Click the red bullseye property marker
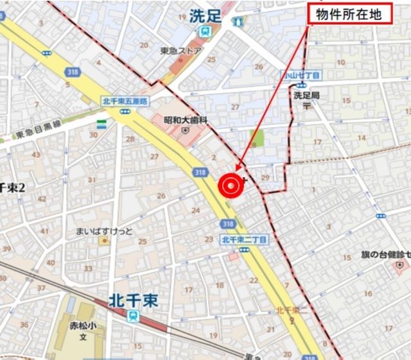(x=231, y=185)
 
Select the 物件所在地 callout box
(x=350, y=15)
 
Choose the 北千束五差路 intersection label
(x=125, y=101)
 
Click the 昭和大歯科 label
(x=186, y=119)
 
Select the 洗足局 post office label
(x=306, y=95)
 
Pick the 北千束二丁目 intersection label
(x=244, y=239)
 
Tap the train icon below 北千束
(x=133, y=315)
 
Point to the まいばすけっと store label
(x=104, y=231)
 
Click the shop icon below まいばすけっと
(x=103, y=241)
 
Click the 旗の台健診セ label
(x=385, y=255)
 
